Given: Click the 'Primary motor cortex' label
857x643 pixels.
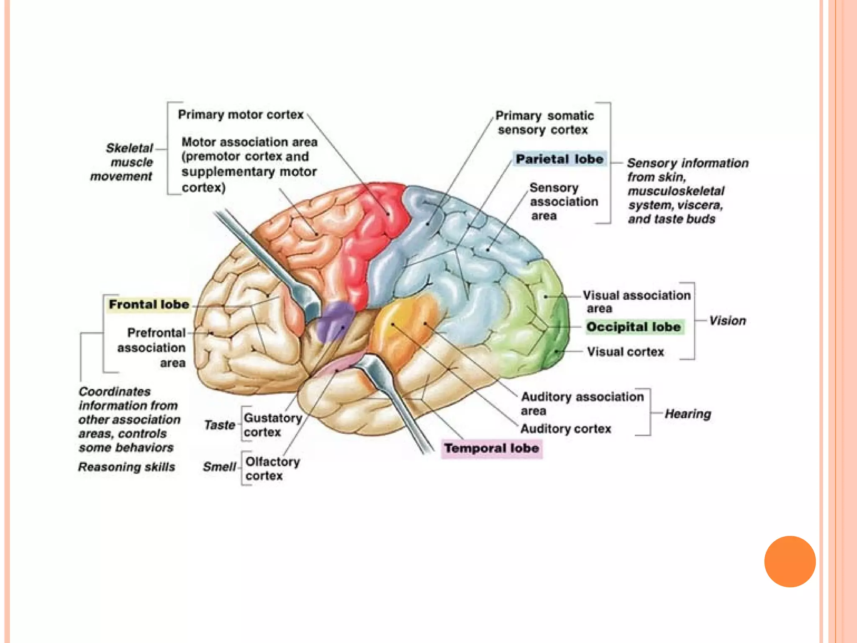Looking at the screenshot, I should tap(241, 115).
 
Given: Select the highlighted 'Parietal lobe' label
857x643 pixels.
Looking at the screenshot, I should tap(559, 159).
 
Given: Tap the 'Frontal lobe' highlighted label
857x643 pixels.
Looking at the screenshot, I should tap(149, 304).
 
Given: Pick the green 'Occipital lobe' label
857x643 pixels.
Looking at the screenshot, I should tap(634, 327).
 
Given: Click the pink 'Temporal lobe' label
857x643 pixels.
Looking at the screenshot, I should tap(492, 448).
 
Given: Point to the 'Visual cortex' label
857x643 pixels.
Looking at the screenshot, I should tap(625, 352).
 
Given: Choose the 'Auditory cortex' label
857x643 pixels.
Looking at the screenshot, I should tap(566, 429).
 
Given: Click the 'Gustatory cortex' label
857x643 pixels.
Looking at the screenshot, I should tap(272, 425).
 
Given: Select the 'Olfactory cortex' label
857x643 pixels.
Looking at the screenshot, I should tap(272, 468).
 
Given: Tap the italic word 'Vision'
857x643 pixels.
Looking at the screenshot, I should tap(727, 321).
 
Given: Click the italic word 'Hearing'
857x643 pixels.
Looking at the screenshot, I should tap(688, 414).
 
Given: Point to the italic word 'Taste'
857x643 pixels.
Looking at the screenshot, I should tap(219, 425).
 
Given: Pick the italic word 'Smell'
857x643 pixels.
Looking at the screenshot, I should tap(219, 467).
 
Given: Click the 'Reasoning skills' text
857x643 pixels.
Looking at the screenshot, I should tap(126, 467).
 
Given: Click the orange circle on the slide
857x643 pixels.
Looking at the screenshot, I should tap(790, 561).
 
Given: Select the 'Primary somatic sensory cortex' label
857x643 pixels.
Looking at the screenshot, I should tap(544, 123).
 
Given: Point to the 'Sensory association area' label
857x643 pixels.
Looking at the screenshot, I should tap(563, 202).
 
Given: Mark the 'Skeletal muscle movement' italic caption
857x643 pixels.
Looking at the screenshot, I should tap(123, 162).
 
